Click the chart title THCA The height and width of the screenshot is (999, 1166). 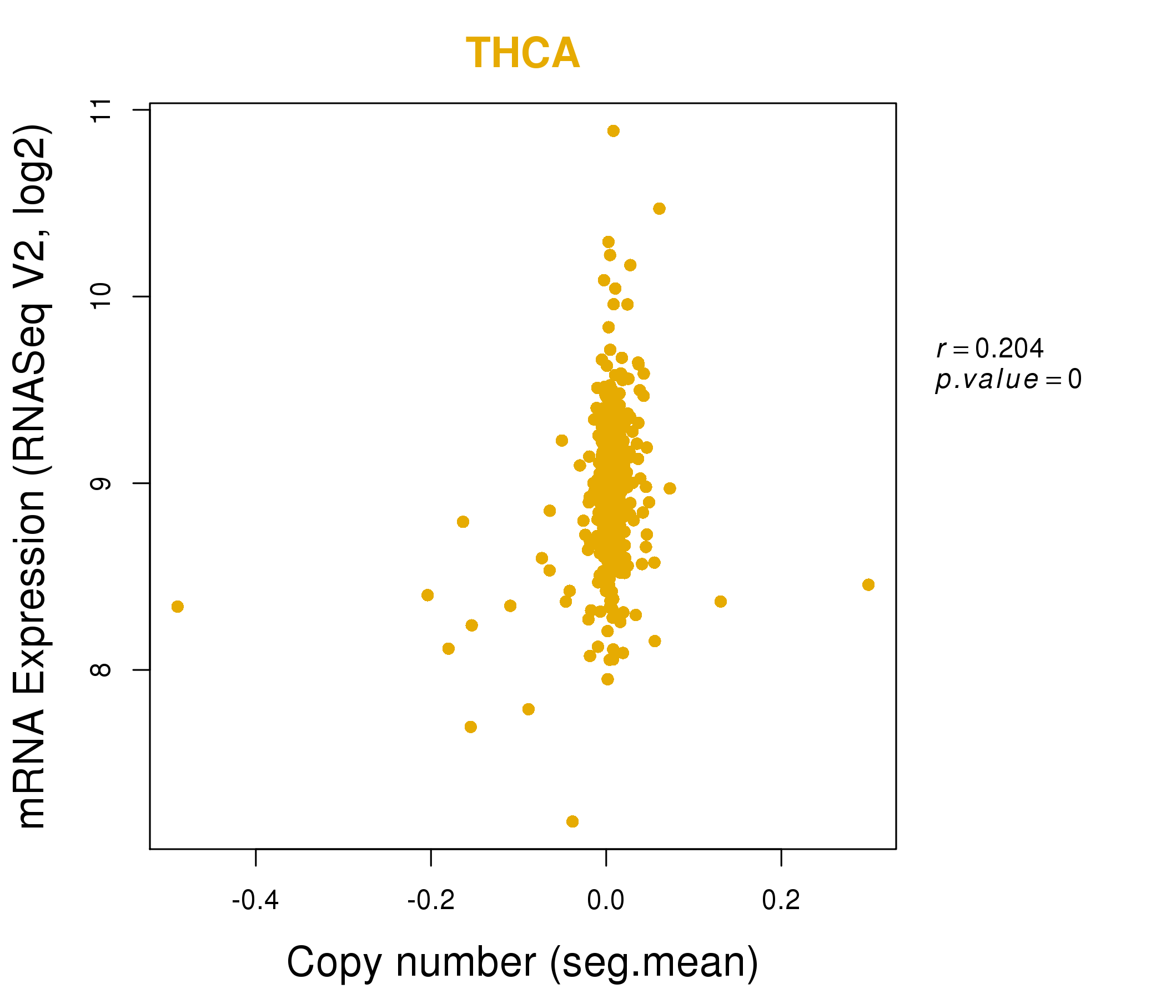(x=522, y=53)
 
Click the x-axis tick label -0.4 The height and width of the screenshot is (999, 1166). (x=255, y=901)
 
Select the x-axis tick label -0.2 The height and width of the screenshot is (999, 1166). (x=430, y=901)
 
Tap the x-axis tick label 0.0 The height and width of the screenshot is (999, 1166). (x=606, y=901)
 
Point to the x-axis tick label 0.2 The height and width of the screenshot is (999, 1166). (x=781, y=901)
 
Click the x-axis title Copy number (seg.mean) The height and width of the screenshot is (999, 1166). (x=522, y=963)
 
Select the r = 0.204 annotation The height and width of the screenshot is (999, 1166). (x=990, y=349)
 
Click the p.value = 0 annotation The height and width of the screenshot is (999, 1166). (x=1008, y=380)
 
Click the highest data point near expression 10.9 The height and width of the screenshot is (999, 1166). (x=614, y=131)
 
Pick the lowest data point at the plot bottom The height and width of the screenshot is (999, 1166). (x=572, y=822)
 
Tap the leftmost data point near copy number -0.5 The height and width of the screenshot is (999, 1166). (x=177, y=607)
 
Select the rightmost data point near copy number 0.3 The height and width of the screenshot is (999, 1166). (x=868, y=584)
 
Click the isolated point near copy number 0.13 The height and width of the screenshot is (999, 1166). (x=720, y=601)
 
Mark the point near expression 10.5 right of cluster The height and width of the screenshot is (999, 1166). (x=659, y=209)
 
